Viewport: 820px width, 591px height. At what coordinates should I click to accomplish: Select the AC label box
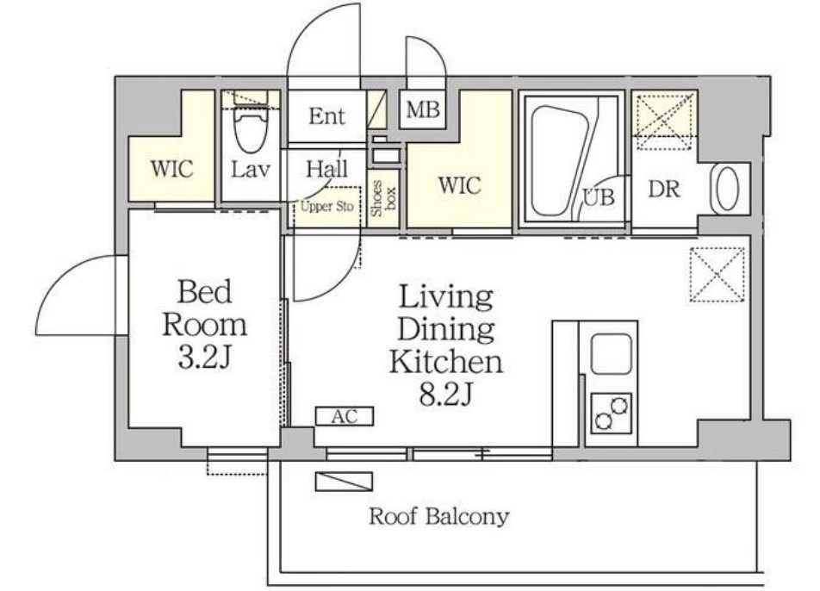[345, 416]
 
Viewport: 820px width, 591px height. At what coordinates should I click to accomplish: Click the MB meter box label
[423, 109]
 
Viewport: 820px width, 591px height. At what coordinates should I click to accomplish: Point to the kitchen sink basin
[611, 353]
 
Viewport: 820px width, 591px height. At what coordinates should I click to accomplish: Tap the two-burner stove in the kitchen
[611, 414]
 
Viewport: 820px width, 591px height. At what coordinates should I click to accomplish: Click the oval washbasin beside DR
[727, 189]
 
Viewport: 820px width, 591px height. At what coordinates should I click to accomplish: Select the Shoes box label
[383, 199]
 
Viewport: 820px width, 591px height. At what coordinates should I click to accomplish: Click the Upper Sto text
[326, 207]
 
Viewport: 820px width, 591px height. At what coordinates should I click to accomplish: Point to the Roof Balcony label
[438, 516]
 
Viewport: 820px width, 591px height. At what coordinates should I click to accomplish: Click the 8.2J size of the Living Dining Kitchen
[446, 394]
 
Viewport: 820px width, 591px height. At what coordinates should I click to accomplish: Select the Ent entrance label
[326, 116]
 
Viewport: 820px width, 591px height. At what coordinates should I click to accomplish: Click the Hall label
[326, 168]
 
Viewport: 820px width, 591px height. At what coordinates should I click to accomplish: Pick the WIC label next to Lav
[171, 169]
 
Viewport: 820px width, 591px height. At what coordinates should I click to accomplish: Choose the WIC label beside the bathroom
[459, 185]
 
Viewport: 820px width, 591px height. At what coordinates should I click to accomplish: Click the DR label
[664, 189]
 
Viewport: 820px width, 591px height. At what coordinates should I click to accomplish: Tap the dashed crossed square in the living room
[717, 275]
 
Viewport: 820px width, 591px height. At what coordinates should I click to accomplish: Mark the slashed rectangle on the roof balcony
[345, 482]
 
